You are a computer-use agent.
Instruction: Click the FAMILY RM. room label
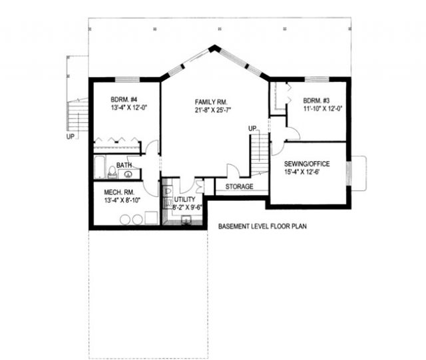pos(211,102)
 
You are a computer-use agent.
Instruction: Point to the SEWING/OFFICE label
pos(307,164)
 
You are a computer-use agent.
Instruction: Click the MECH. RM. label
pos(119,192)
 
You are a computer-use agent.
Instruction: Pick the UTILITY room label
pos(185,199)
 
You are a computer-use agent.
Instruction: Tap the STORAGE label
pos(239,186)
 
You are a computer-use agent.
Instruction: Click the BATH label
pos(124,165)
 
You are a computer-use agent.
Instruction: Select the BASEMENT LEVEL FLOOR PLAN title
pos(262,226)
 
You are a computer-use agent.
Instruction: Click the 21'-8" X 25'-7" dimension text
pos(213,110)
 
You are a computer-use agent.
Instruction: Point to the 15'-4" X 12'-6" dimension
pos(302,172)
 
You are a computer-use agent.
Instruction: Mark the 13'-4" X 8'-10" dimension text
pos(122,200)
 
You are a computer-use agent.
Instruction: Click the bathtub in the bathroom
pos(100,167)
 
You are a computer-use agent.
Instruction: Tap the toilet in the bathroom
pos(112,172)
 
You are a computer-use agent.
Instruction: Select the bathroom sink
pos(128,174)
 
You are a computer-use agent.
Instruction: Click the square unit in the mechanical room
pos(151,218)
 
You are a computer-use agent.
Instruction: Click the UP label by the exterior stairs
pos(71,136)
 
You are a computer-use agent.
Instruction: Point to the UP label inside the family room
pos(252,128)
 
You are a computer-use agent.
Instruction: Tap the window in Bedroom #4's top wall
pos(127,79)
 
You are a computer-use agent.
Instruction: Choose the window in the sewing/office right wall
pos(349,174)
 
